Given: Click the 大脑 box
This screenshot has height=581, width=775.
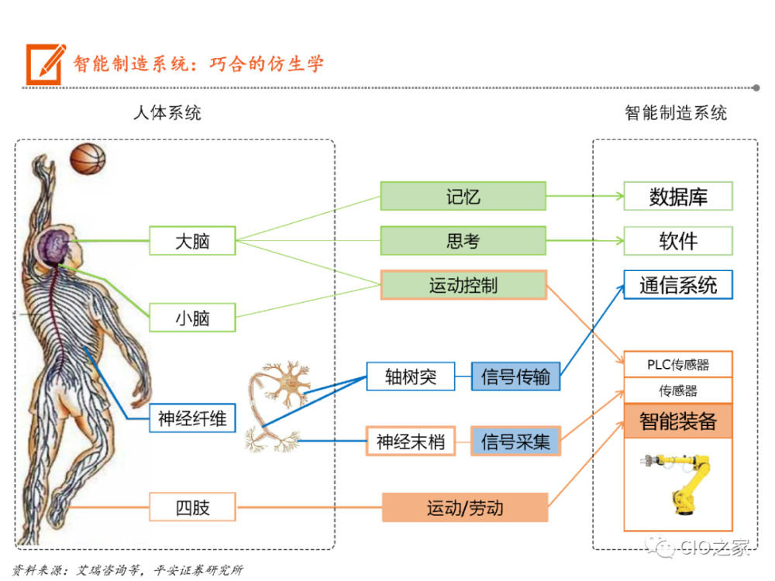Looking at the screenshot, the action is pyautogui.click(x=192, y=241).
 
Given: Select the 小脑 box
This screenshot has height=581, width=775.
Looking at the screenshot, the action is pyautogui.click(x=192, y=318).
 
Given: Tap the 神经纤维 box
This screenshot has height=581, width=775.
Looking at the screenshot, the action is pyautogui.click(x=192, y=418).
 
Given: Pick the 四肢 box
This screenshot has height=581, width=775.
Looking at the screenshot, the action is pyautogui.click(x=192, y=507).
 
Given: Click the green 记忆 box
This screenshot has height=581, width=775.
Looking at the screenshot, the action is pyautogui.click(x=463, y=196).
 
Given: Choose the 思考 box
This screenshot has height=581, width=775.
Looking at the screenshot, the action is pyautogui.click(x=463, y=241).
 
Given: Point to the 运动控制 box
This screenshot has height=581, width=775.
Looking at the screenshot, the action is pyautogui.click(x=463, y=285).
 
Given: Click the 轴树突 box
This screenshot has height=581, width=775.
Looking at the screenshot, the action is pyautogui.click(x=410, y=376).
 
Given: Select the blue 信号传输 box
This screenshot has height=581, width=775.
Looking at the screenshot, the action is pyautogui.click(x=515, y=376).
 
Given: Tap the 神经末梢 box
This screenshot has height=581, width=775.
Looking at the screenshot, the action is pyautogui.click(x=410, y=441).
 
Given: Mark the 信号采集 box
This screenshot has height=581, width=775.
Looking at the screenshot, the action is pyautogui.click(x=515, y=441).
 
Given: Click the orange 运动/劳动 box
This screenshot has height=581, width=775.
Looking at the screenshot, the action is pyautogui.click(x=465, y=507).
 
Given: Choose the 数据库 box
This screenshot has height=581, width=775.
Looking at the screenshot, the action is pyautogui.click(x=678, y=196).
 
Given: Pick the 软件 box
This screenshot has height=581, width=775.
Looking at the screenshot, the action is pyautogui.click(x=678, y=241).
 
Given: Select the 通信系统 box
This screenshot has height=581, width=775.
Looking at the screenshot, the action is pyautogui.click(x=678, y=284).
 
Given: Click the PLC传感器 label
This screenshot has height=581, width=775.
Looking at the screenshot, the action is pyautogui.click(x=678, y=365).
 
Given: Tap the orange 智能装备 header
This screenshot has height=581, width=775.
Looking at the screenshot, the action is pyautogui.click(x=678, y=421).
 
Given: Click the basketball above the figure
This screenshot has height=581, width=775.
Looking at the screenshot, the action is pyautogui.click(x=88, y=159).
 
